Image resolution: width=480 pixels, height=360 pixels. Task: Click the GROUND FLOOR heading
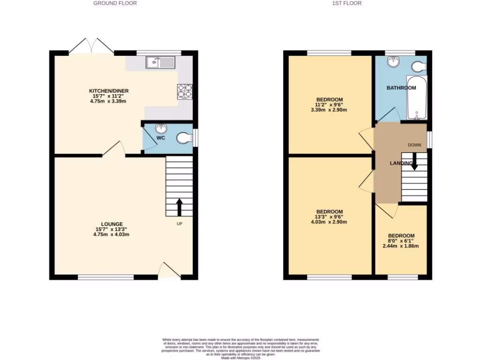[115, 3]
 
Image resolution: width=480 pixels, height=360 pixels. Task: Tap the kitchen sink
[160, 62]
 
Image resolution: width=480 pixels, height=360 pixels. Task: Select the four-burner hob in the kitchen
[185, 91]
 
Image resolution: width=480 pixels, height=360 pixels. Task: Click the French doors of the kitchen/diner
[92, 47]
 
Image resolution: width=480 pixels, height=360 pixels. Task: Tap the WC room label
[161, 139]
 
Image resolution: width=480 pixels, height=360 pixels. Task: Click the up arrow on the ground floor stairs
[179, 207]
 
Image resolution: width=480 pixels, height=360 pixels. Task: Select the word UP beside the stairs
[179, 224]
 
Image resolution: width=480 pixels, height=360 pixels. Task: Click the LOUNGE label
[112, 224]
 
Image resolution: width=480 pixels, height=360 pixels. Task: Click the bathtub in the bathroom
[416, 97]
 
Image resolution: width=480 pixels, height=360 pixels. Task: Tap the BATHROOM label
[401, 88]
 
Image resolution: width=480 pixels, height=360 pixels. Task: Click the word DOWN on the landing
[414, 145]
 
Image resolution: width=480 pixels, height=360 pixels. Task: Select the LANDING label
[401, 163]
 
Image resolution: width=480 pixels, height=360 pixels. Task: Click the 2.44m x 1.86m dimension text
[401, 246]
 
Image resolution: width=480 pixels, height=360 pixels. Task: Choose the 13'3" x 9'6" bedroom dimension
[329, 217]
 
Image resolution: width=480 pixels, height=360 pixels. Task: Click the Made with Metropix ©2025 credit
[240, 358]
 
